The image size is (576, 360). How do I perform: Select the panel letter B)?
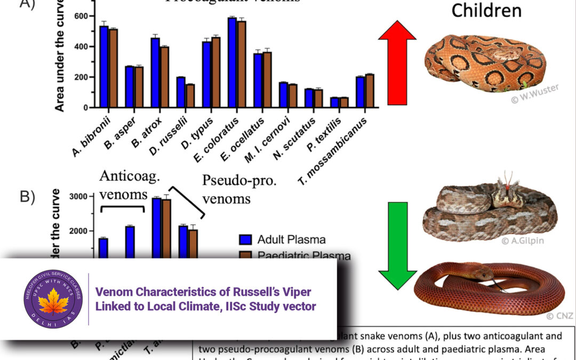[x=27, y=197]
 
